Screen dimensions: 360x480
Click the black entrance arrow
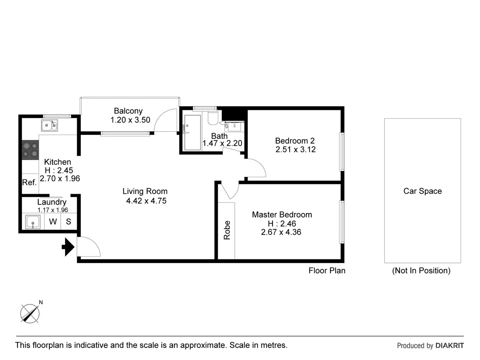click(x=68, y=247)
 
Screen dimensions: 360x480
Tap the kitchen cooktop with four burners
click(x=30, y=149)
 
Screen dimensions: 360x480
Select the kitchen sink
click(x=49, y=126)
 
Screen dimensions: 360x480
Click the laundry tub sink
click(x=33, y=222)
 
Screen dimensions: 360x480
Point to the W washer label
click(x=53, y=222)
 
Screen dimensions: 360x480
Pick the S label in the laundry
click(x=68, y=222)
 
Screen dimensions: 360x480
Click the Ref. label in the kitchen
click(x=29, y=183)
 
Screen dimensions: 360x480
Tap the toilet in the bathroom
click(x=213, y=117)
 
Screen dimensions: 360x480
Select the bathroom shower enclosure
click(x=192, y=133)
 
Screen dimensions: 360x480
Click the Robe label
click(x=227, y=230)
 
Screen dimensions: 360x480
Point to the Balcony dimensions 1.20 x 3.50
click(x=130, y=120)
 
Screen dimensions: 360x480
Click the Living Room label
click(x=145, y=191)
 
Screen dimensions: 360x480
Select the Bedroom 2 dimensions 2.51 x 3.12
click(x=295, y=150)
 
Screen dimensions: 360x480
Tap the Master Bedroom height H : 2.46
click(x=282, y=224)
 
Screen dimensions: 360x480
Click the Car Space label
click(x=422, y=191)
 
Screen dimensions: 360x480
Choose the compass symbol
click(x=30, y=313)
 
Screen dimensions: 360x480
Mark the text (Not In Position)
click(x=421, y=271)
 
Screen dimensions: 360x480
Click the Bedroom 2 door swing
click(x=256, y=168)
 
